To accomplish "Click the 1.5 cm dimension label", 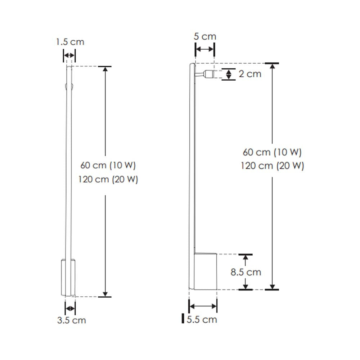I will coord(70,42).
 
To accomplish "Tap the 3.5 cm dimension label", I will coord(71,320).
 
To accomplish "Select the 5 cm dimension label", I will coord(205,36).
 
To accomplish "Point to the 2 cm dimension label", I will coord(250,74).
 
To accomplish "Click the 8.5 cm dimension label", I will coord(246,272).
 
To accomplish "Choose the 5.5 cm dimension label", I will coord(202,319).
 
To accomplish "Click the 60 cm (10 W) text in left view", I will coord(108,166).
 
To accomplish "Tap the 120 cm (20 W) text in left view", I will coord(108,179).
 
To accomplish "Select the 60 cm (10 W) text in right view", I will coord(272,152).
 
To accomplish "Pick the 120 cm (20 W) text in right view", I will coord(272,166).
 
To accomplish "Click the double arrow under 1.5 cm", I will coord(69,55).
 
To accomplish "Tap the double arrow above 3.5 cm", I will coord(70,309).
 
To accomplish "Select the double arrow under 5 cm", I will coord(204,49).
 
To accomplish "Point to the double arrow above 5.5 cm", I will coord(203,306).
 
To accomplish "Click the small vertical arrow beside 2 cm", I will coord(228,74).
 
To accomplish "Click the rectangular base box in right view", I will coord(206,271).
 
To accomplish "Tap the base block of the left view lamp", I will coord(68,277).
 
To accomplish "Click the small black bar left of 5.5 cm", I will coord(183,319).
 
